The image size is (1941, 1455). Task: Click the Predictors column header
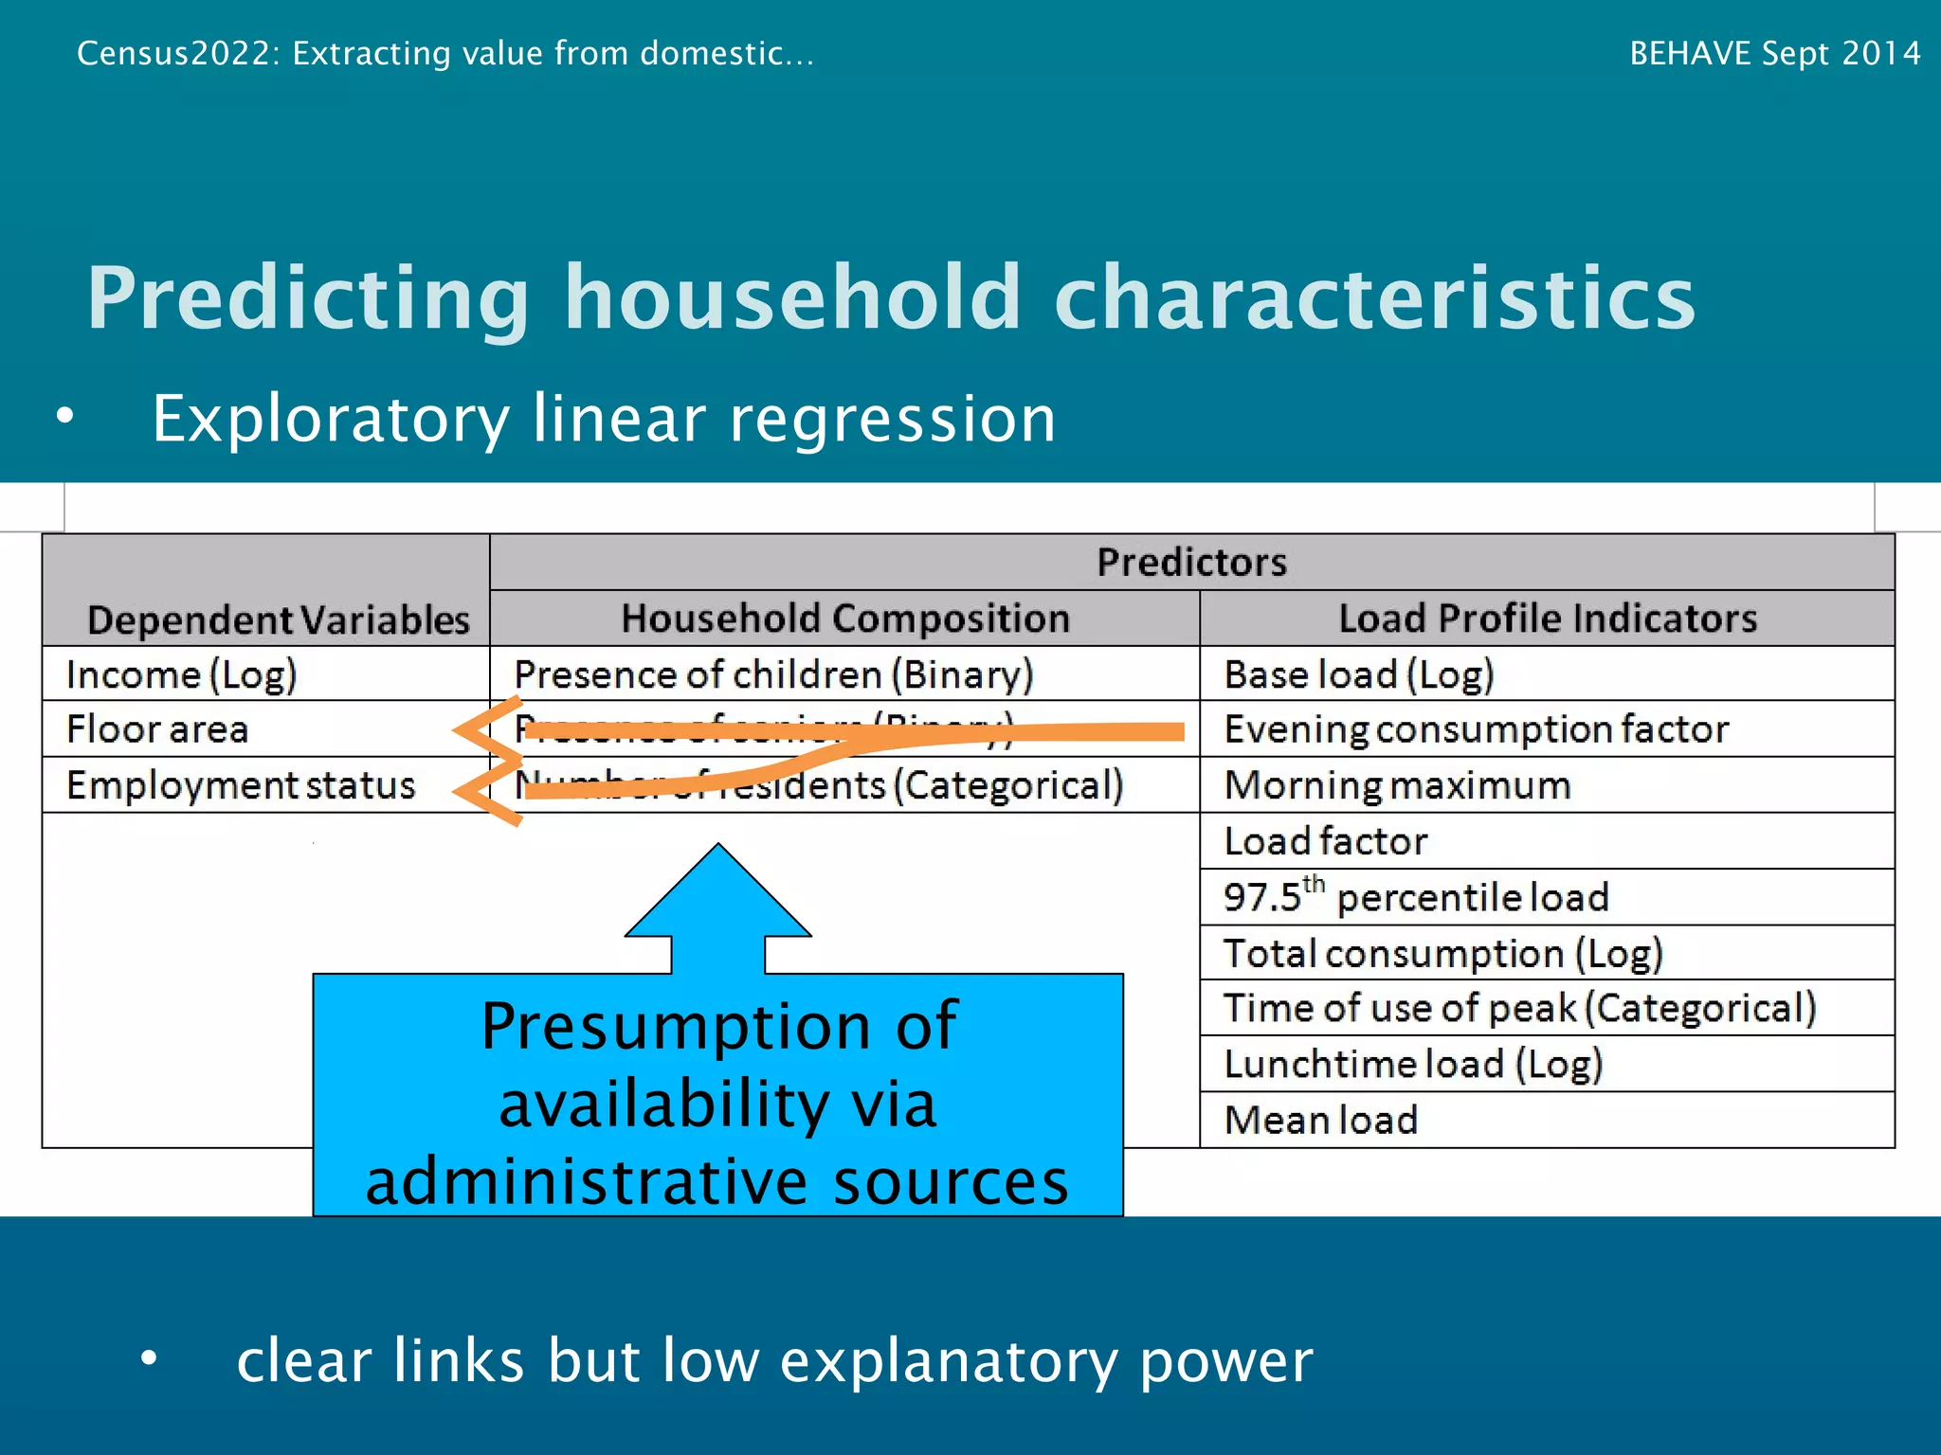coord(1191,563)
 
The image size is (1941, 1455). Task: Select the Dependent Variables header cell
coord(278,620)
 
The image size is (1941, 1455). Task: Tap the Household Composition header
coord(844,619)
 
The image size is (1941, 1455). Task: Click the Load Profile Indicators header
coord(1547,619)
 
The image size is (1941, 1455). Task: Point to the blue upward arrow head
coord(718,895)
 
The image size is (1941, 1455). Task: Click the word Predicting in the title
coord(308,297)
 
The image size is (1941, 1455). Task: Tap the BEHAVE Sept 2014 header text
coord(1774,53)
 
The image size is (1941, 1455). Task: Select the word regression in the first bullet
coord(891,419)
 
